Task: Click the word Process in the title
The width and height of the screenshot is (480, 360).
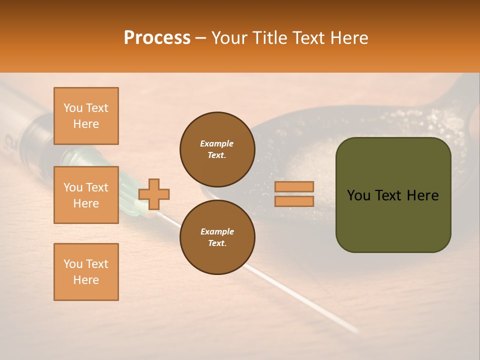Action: [157, 38]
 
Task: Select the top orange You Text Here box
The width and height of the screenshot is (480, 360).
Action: [86, 116]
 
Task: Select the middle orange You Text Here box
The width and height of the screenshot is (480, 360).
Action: [86, 195]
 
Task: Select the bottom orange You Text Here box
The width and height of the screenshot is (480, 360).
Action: [86, 272]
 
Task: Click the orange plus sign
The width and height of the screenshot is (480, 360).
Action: [154, 194]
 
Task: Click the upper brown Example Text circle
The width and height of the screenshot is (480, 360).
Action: [217, 149]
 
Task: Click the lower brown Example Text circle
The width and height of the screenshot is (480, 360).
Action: [217, 237]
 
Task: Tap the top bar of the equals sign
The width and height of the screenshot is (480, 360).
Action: [294, 186]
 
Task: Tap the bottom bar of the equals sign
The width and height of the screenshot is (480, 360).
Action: [294, 201]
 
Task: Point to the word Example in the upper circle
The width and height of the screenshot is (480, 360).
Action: [217, 143]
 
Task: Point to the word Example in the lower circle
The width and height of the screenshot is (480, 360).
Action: [217, 231]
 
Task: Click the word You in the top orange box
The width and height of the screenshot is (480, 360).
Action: [73, 108]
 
